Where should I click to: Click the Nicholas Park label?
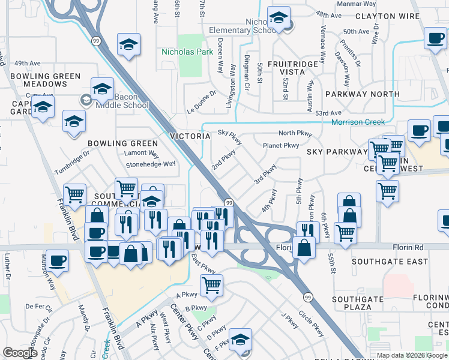pos(187,52)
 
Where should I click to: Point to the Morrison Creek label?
pos(358,122)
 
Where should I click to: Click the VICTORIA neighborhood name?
pos(190,136)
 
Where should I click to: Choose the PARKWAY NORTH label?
pos(362,94)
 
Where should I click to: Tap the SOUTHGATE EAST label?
pos(390,262)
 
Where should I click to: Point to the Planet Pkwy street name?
pos(281,145)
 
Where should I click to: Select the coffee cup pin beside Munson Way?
pos(58,260)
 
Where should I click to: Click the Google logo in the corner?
pos(20,353)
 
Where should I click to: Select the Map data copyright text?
pos(412,355)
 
